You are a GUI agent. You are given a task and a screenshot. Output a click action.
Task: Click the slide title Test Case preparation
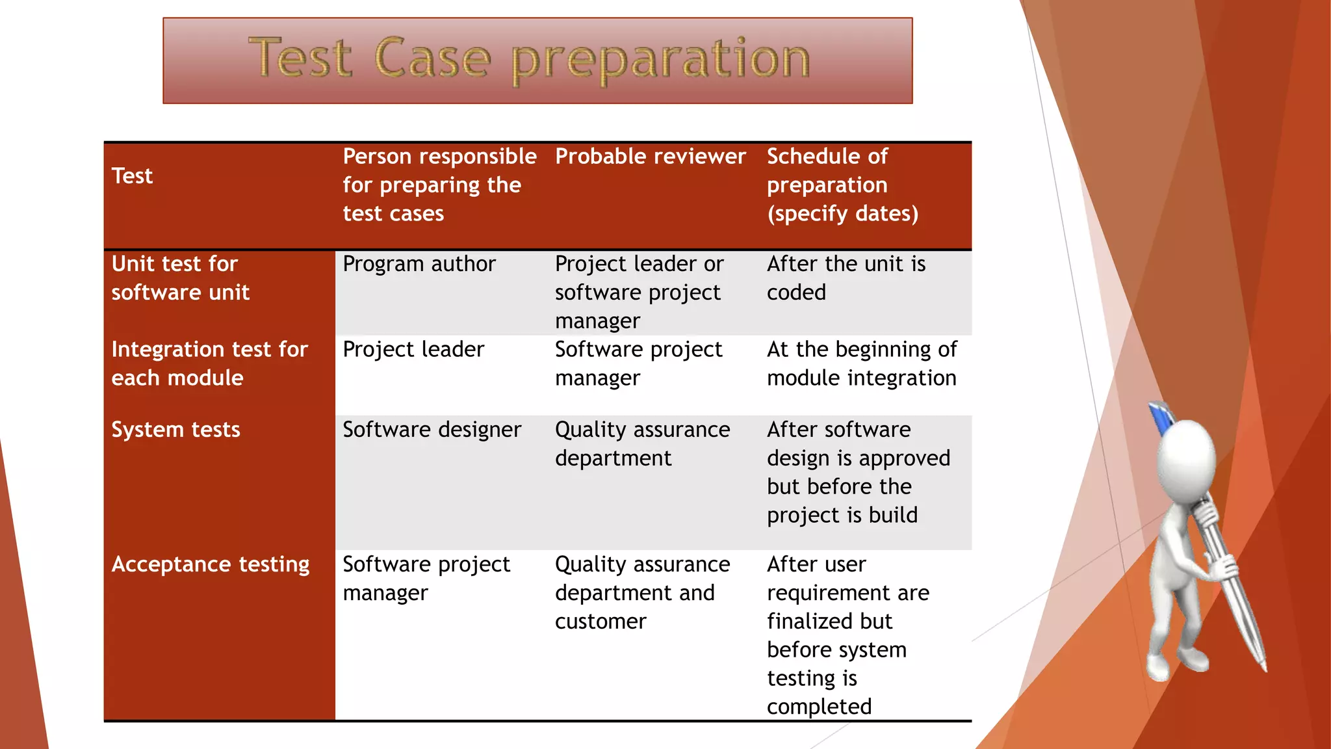[529, 59]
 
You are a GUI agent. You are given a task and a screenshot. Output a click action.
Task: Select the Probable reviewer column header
[650, 157]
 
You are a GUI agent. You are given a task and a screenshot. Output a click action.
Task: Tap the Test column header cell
[133, 176]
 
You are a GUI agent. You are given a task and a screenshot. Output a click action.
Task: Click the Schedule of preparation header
[842, 185]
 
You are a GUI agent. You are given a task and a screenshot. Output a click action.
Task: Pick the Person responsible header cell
[439, 185]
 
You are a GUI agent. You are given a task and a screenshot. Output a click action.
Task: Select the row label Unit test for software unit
[180, 278]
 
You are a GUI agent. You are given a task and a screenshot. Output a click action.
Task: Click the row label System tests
[175, 430]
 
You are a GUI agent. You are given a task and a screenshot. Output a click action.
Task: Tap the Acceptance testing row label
[211, 564]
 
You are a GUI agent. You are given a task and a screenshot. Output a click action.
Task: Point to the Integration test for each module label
[209, 364]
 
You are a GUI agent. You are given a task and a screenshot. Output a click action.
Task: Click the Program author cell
[419, 264]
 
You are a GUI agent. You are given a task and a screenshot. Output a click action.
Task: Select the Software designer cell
[432, 430]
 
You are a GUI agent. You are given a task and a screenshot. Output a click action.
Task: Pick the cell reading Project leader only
[413, 350]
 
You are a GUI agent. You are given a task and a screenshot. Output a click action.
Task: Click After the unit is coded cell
[846, 278]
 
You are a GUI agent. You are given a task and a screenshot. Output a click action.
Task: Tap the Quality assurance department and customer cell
[642, 593]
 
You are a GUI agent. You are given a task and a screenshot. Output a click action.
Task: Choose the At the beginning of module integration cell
[861, 364]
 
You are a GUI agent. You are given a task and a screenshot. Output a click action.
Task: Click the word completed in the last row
[819, 707]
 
